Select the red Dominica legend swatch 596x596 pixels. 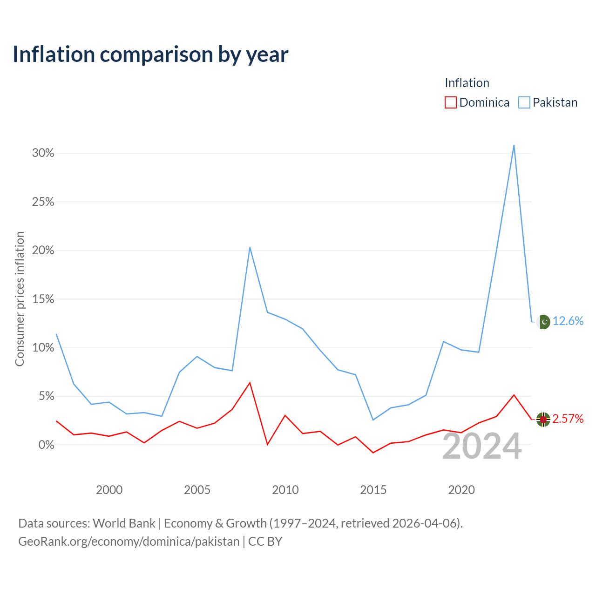tap(450, 102)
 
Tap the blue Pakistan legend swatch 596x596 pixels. tap(524, 102)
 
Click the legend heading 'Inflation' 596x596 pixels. tap(467, 83)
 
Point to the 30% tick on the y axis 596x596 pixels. tap(43, 153)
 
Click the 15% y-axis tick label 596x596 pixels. tap(43, 299)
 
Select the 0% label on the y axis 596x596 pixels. tap(47, 445)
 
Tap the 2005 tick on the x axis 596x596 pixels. tap(197, 490)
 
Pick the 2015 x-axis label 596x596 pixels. tap(373, 490)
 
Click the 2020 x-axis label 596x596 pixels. tap(461, 490)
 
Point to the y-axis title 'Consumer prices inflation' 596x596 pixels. tap(20, 299)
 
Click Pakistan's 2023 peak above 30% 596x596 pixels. tap(514, 145)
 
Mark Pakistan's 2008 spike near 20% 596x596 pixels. tap(250, 247)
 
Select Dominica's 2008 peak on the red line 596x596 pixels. tap(250, 383)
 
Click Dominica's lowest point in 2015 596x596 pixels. tap(373, 453)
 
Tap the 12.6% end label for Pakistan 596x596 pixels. tap(568, 321)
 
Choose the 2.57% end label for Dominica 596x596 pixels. tap(568, 419)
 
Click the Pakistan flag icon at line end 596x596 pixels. tap(543, 322)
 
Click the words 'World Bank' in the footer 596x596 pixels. tap(124, 523)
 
